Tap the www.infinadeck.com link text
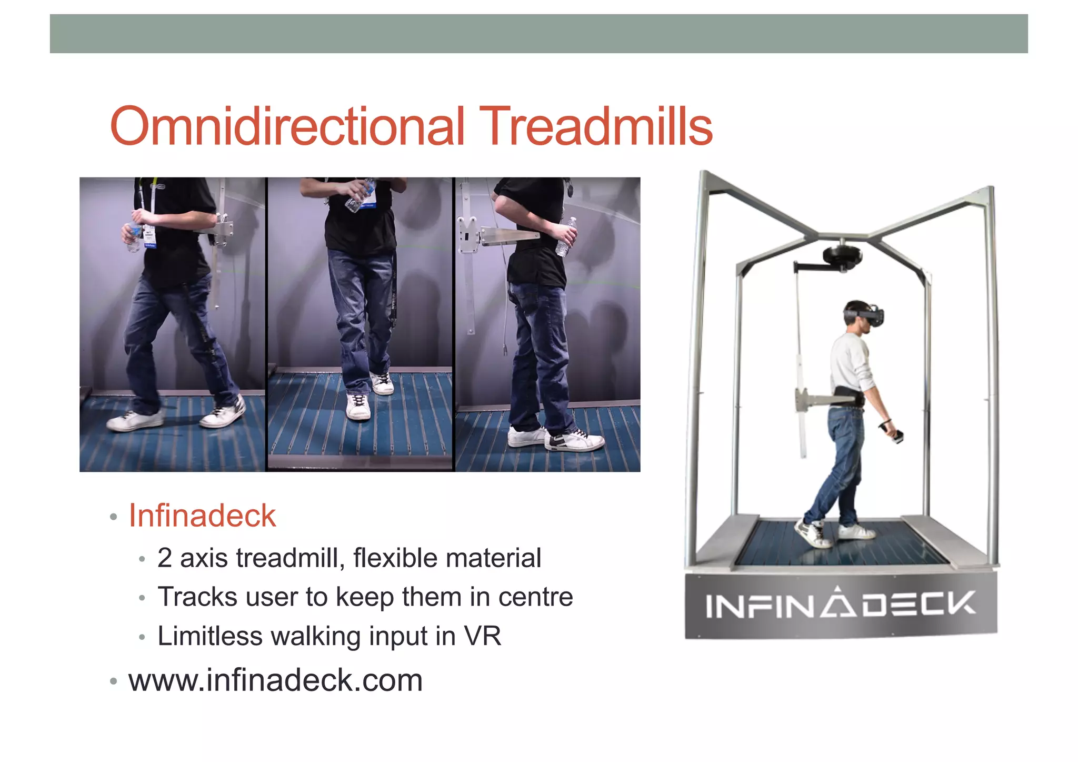point(275,680)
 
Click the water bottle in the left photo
point(134,236)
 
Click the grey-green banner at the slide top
point(538,34)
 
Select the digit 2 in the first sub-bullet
point(164,558)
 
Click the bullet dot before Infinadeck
point(113,517)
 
